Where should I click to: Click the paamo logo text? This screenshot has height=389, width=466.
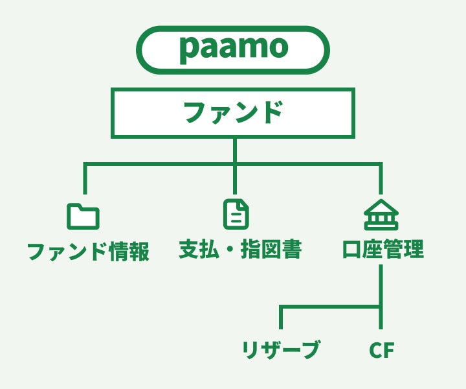point(234,49)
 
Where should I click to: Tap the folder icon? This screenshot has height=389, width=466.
point(83,217)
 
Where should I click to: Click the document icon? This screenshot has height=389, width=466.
point(236,215)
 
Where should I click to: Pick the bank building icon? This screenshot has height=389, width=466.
point(381,215)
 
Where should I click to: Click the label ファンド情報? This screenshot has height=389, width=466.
point(88,251)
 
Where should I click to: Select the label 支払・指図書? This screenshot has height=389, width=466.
point(240,249)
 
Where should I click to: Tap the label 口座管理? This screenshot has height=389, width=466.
point(383,249)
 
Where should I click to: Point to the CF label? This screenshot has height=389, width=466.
point(382,350)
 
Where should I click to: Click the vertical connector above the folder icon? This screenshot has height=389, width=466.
point(85,178)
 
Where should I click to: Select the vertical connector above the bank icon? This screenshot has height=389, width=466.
point(381,178)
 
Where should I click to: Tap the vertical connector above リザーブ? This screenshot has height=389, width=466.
point(281,317)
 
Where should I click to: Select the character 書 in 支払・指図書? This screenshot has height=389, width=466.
point(292,249)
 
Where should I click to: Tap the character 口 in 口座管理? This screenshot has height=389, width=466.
point(353,249)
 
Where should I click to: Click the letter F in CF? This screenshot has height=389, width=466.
point(388,350)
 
